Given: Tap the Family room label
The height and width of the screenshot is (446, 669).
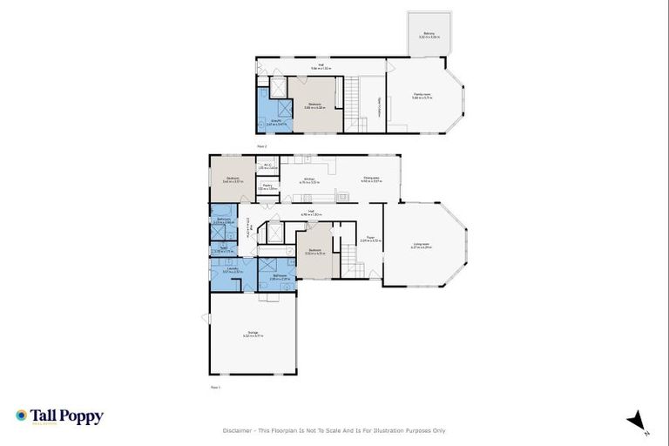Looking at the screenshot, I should (422, 96).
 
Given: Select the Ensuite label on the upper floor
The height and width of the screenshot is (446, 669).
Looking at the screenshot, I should (271, 121).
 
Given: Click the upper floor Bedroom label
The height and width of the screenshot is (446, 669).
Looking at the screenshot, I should (315, 105).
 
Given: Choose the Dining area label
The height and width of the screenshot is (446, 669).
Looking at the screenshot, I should (371, 180).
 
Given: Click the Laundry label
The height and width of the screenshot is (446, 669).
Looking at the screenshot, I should (232, 270).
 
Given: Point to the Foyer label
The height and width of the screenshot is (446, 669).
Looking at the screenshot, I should (370, 238).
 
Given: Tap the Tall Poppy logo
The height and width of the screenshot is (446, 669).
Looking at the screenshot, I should (59, 416).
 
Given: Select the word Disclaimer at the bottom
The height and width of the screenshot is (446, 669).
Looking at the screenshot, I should (236, 430).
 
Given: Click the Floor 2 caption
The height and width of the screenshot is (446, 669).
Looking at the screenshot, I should (261, 147).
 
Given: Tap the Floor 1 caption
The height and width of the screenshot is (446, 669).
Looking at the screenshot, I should (215, 387).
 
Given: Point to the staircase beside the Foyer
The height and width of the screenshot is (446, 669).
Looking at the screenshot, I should (349, 258).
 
